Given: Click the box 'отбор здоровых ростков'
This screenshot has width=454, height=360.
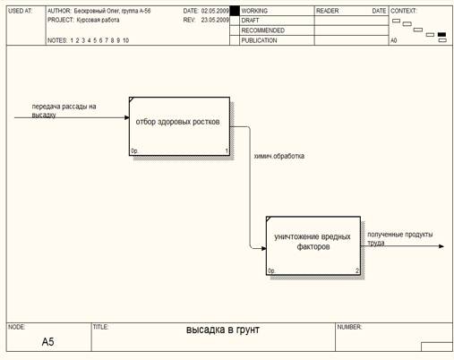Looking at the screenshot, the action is click(x=179, y=126).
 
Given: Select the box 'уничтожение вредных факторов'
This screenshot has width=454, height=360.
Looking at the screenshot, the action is click(x=313, y=245).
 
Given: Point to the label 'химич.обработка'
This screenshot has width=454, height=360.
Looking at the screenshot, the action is click(x=279, y=156).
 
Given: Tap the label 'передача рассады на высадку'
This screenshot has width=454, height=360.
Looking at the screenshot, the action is click(x=64, y=110).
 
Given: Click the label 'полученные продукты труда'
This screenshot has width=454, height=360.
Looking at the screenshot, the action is click(x=400, y=238).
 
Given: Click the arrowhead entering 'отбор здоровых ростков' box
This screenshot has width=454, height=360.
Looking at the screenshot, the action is click(x=127, y=117).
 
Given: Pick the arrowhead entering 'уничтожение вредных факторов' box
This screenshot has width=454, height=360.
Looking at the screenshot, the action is click(x=264, y=248).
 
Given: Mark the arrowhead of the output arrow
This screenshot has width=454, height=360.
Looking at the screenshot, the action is click(x=441, y=246).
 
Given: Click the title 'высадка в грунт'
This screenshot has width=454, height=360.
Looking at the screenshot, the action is click(x=223, y=330).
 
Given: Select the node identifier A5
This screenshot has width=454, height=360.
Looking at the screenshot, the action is click(x=48, y=341).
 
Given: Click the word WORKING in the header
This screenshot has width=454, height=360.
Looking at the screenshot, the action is click(x=254, y=11).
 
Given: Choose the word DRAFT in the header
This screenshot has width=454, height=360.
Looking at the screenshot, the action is click(x=250, y=21).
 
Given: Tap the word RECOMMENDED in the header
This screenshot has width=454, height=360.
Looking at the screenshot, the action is click(x=263, y=30).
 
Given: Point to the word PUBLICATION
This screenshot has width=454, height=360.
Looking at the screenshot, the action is click(x=259, y=40).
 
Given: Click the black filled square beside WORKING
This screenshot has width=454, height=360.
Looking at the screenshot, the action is click(x=235, y=11).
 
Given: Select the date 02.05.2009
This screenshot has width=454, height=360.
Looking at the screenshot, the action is click(x=215, y=11).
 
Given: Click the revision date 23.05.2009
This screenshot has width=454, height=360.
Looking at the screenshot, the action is click(x=215, y=20).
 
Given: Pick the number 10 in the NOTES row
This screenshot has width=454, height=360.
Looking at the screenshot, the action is click(x=125, y=40).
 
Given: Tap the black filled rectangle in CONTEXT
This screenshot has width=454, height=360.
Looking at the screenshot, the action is click(x=441, y=35).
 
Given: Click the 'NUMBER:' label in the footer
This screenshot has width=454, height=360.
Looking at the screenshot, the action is click(x=349, y=327).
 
